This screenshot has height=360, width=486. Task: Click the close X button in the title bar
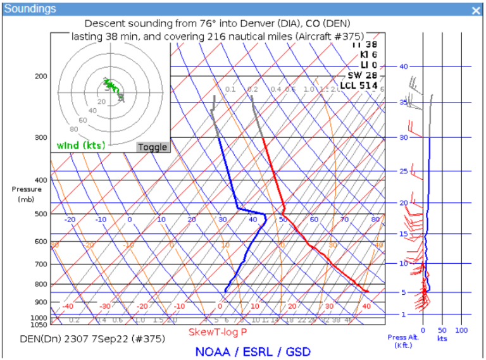point(476,10)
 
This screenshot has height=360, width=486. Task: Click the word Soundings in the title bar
point(30,9)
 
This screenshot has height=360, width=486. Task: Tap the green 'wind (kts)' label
point(81,146)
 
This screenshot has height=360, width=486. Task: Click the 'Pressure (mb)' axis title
point(26,194)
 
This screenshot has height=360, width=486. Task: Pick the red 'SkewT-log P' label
point(218,332)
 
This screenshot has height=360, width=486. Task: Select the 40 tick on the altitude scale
point(404,66)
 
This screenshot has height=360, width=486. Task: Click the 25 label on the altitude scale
point(404,171)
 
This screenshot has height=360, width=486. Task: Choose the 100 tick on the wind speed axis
point(461,330)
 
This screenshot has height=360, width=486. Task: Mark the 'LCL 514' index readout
point(359,86)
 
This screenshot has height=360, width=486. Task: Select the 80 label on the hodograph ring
point(55,129)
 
